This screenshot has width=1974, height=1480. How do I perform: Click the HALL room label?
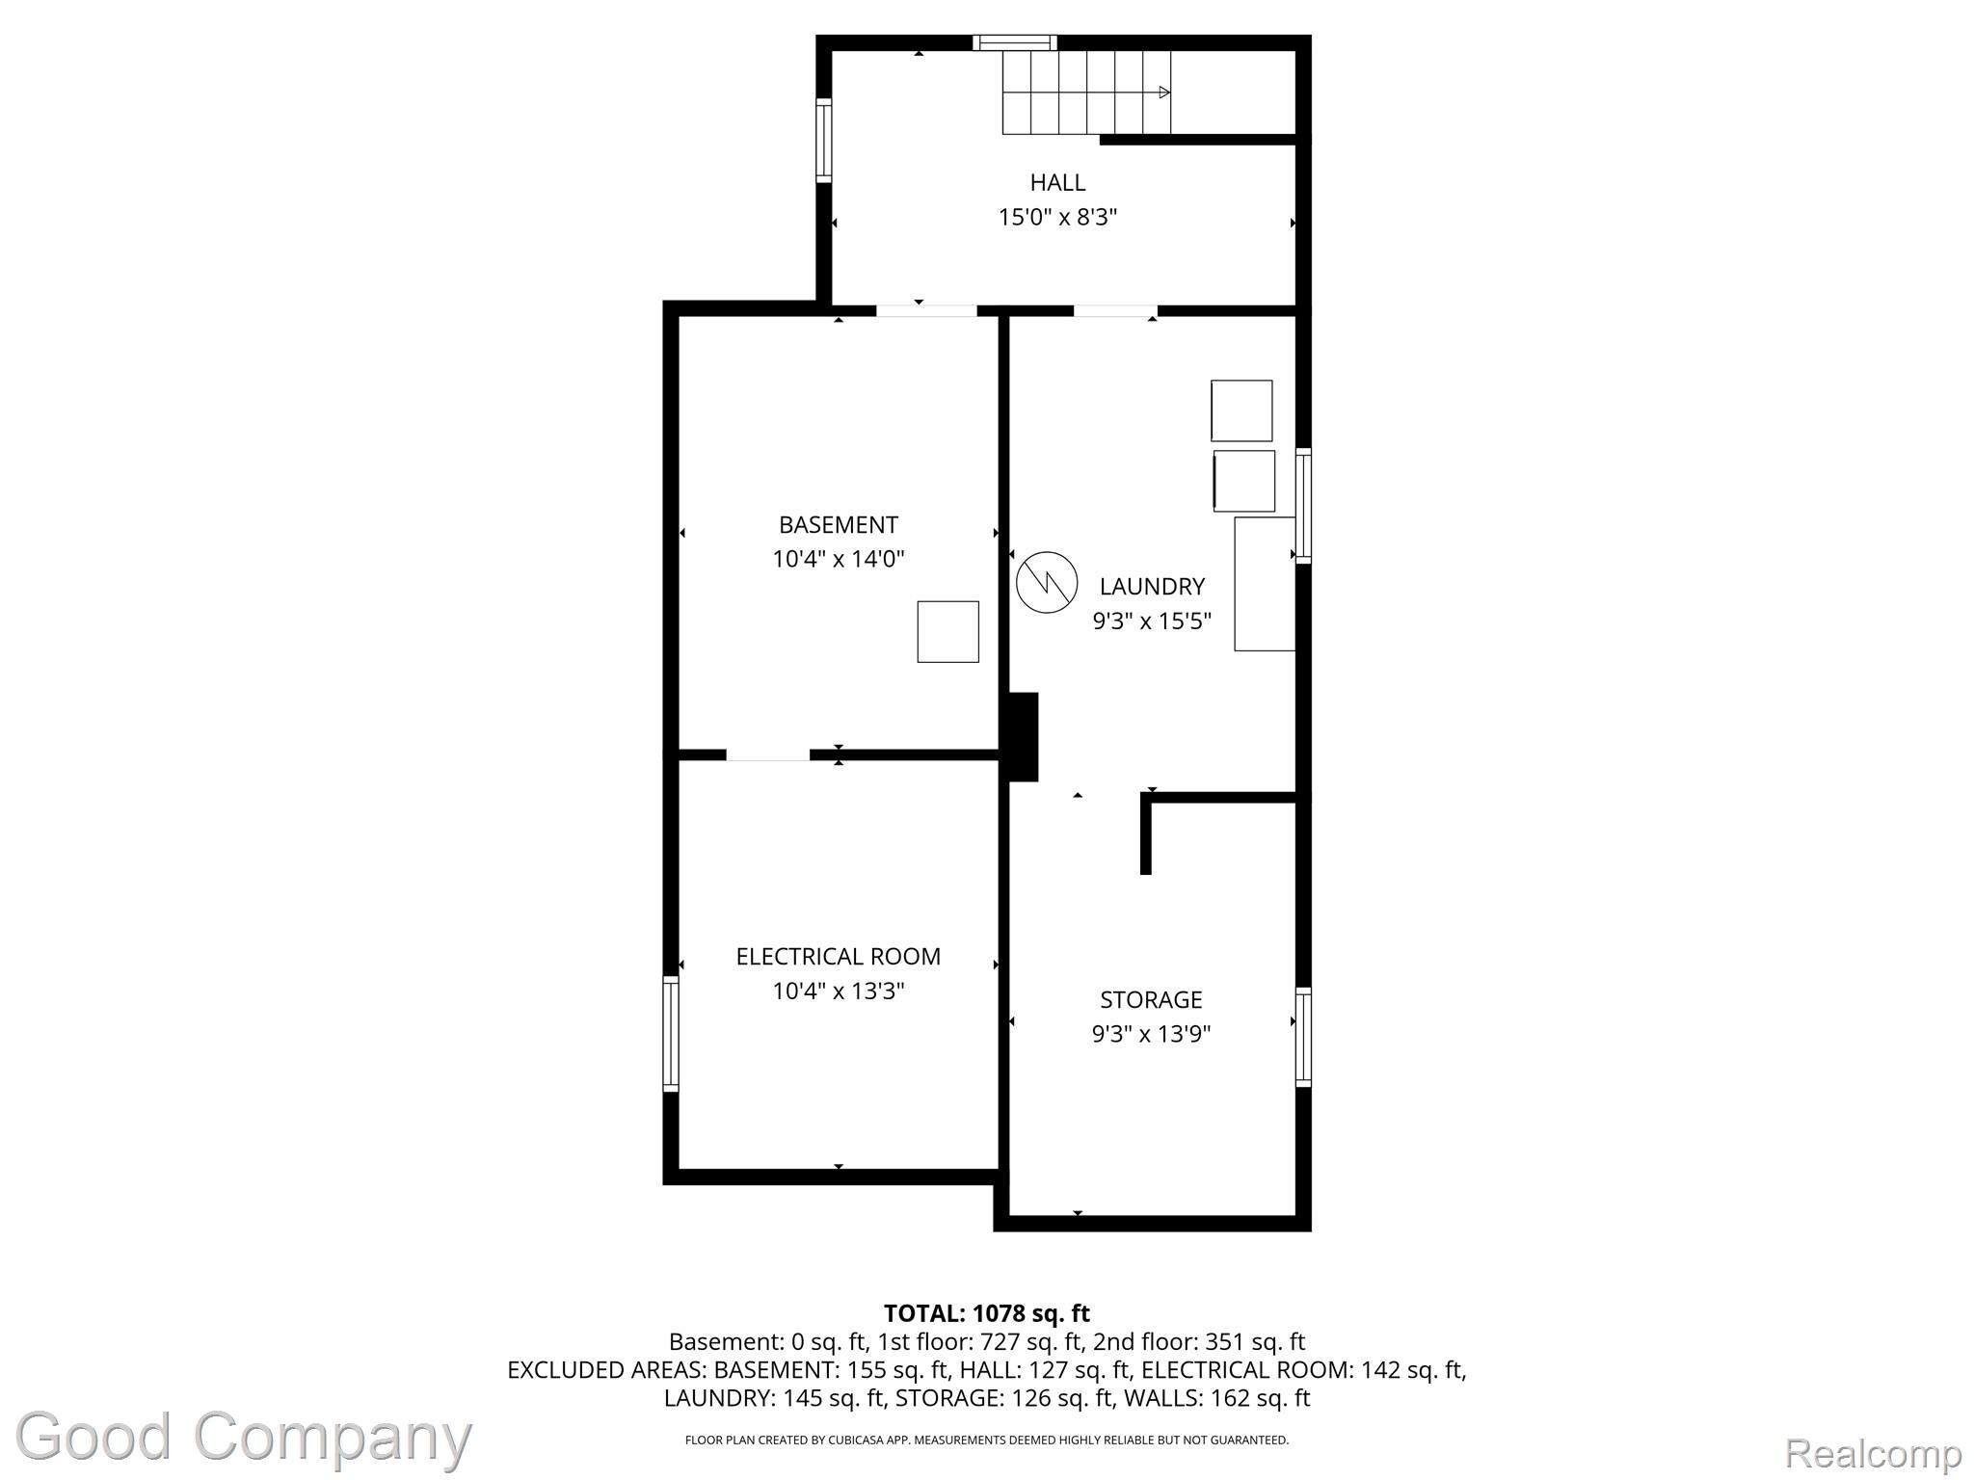1057,182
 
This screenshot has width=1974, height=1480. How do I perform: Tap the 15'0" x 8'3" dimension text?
1057,217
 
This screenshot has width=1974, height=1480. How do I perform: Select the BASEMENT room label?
839,525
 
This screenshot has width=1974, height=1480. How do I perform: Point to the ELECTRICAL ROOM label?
839,957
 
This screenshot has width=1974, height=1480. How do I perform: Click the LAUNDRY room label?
1152,587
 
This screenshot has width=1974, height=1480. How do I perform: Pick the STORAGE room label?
1152,999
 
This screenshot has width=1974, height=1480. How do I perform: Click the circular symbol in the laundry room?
1047,582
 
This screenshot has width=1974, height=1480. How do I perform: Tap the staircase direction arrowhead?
1164,92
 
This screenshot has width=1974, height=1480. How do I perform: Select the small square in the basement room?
947,632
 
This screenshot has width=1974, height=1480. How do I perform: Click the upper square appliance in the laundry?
1241,411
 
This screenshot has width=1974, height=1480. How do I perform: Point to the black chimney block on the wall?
1023,737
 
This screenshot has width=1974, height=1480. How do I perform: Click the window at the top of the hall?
1015,42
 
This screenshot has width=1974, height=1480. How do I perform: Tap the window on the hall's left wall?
824,141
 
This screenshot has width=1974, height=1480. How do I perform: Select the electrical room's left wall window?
671,1034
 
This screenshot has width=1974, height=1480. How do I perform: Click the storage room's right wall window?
1303,1037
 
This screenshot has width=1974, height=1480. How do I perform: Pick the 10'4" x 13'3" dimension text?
839,991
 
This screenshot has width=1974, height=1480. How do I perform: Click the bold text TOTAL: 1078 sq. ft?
987,1313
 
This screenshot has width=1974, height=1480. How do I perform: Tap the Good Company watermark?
244,1437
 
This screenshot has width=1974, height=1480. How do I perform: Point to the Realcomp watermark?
1873,1453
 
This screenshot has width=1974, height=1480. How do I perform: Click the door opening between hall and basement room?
926,310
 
